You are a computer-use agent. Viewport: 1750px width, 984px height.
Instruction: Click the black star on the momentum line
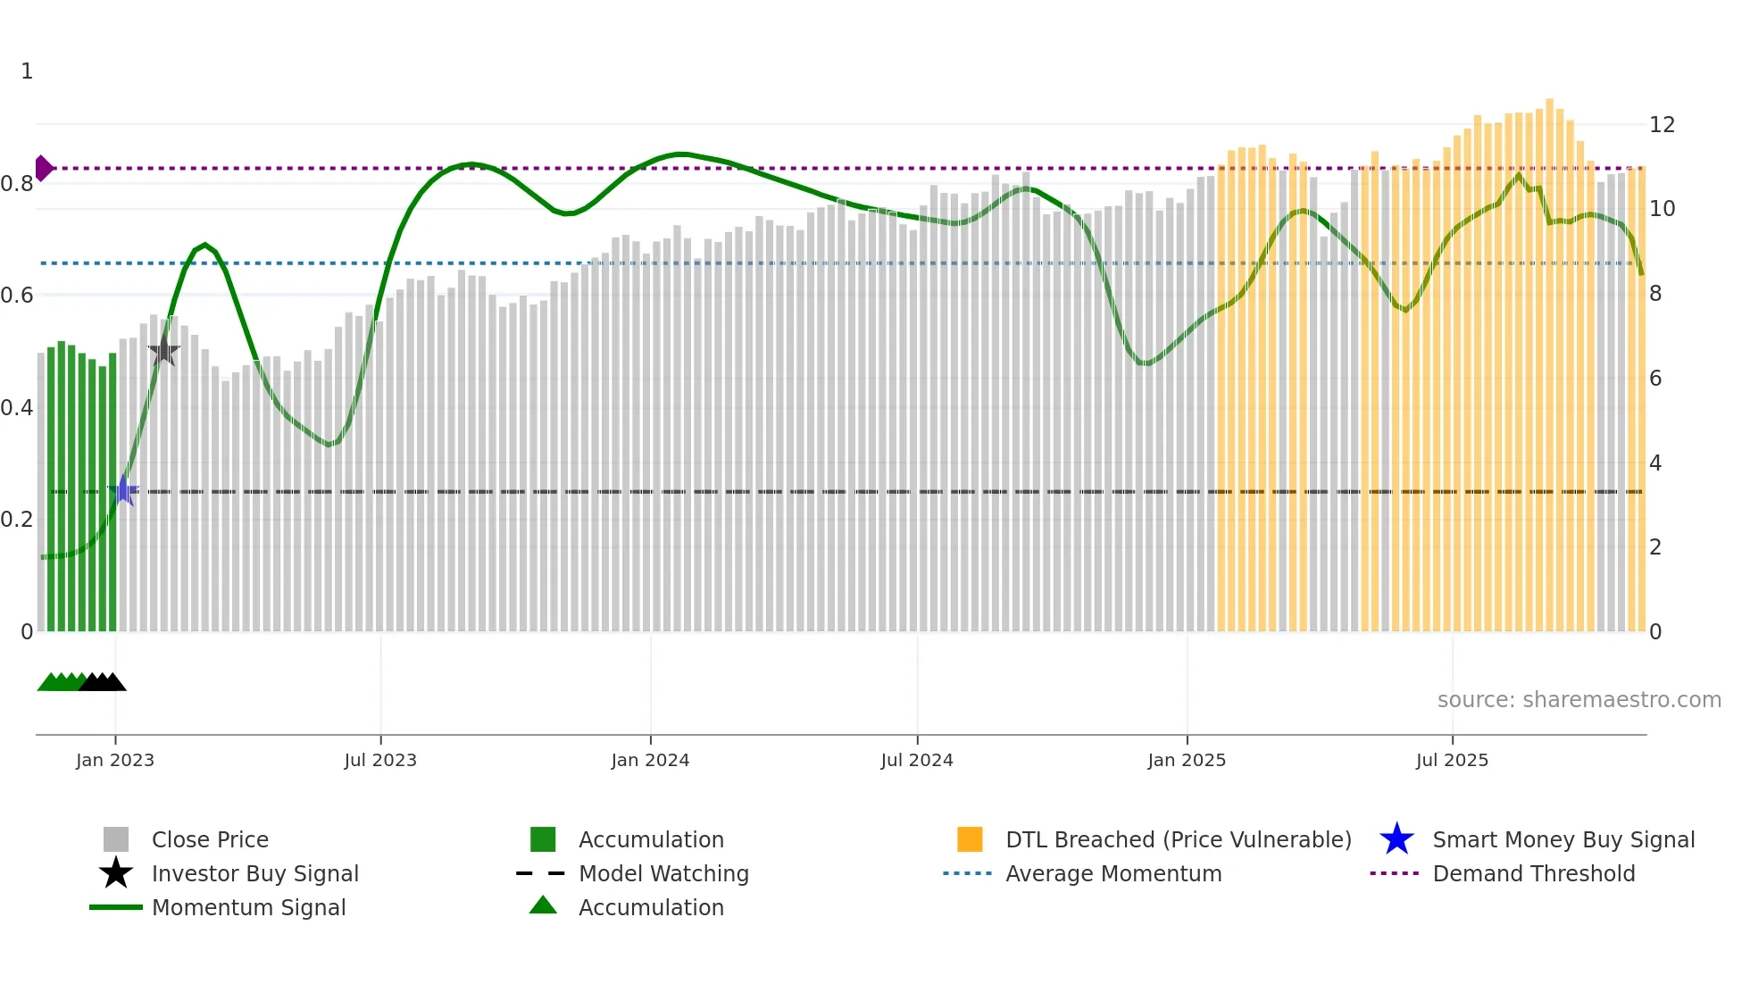(x=163, y=351)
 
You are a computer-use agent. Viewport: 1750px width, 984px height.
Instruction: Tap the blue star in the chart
(x=124, y=491)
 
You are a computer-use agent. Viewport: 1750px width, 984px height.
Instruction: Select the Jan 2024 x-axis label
(x=650, y=760)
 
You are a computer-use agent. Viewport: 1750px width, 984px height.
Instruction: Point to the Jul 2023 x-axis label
(x=380, y=760)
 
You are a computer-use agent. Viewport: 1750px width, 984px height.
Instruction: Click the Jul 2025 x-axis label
(x=1452, y=760)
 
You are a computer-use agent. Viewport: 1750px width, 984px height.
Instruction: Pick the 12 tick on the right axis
(x=1662, y=125)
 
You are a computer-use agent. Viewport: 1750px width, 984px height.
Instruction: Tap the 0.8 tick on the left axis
(x=17, y=184)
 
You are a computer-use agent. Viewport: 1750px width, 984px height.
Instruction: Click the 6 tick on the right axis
(x=1655, y=379)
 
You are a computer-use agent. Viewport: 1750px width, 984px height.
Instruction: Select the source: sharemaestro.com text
(x=1579, y=700)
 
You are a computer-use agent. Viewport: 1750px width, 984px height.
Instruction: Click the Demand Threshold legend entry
(x=1533, y=873)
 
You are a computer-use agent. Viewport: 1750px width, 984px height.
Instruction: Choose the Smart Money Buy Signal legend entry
(x=1562, y=839)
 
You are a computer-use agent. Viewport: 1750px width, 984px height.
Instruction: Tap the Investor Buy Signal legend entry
(x=254, y=873)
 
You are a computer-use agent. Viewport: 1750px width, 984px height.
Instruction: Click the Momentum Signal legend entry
(x=248, y=907)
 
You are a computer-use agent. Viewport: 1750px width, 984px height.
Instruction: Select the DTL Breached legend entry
(x=1178, y=839)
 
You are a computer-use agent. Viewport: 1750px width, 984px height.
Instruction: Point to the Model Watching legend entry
(x=662, y=873)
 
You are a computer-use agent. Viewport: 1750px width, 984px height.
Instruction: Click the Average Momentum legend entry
(x=1112, y=873)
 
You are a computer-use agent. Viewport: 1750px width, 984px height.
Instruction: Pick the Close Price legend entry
(x=209, y=839)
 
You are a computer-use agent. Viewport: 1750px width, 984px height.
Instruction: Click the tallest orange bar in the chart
(x=1549, y=357)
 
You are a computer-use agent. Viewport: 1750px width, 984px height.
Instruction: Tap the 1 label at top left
(x=27, y=71)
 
